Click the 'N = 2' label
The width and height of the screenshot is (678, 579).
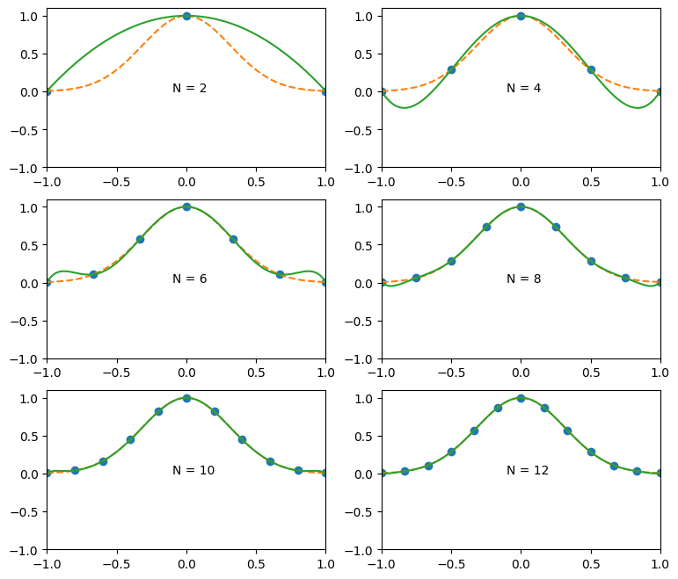tap(189, 88)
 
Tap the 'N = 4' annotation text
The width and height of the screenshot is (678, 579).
tap(523, 88)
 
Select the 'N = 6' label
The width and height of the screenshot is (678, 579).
tap(189, 279)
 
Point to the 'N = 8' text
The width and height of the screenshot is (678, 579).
tap(523, 279)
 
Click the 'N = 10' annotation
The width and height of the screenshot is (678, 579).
tap(193, 470)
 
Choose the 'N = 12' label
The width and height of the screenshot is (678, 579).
tap(527, 470)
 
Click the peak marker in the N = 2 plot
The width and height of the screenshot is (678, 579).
tap(186, 16)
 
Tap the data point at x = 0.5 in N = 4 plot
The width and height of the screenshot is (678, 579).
tap(591, 69)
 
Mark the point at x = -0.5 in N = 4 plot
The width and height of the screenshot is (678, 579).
tap(451, 69)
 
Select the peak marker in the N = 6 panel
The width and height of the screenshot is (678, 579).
tap(186, 207)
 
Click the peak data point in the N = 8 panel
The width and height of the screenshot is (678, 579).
tap(521, 207)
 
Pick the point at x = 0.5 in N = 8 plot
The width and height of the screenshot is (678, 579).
tap(591, 261)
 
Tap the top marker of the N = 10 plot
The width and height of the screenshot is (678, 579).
tap(186, 398)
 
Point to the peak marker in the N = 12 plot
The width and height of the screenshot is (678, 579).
tap(521, 398)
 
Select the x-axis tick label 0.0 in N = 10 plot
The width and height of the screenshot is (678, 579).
tap(186, 564)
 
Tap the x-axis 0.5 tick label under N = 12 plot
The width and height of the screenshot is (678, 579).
tap(591, 564)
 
